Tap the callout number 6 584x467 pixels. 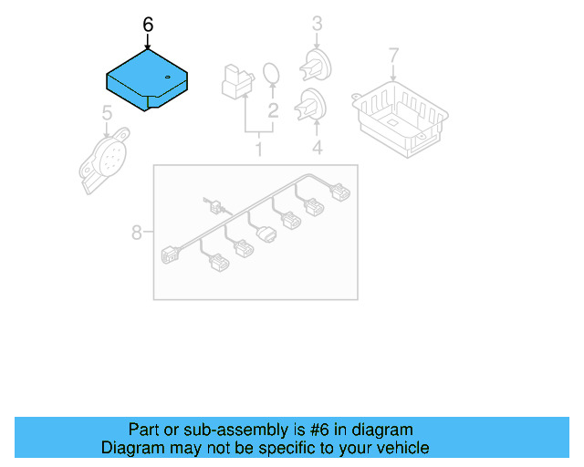(148, 25)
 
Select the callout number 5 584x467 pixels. (107, 114)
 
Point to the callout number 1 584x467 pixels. (258, 148)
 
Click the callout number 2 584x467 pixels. (272, 112)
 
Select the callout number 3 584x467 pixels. (317, 22)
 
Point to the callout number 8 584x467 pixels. (137, 233)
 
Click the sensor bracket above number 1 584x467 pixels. (235, 80)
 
